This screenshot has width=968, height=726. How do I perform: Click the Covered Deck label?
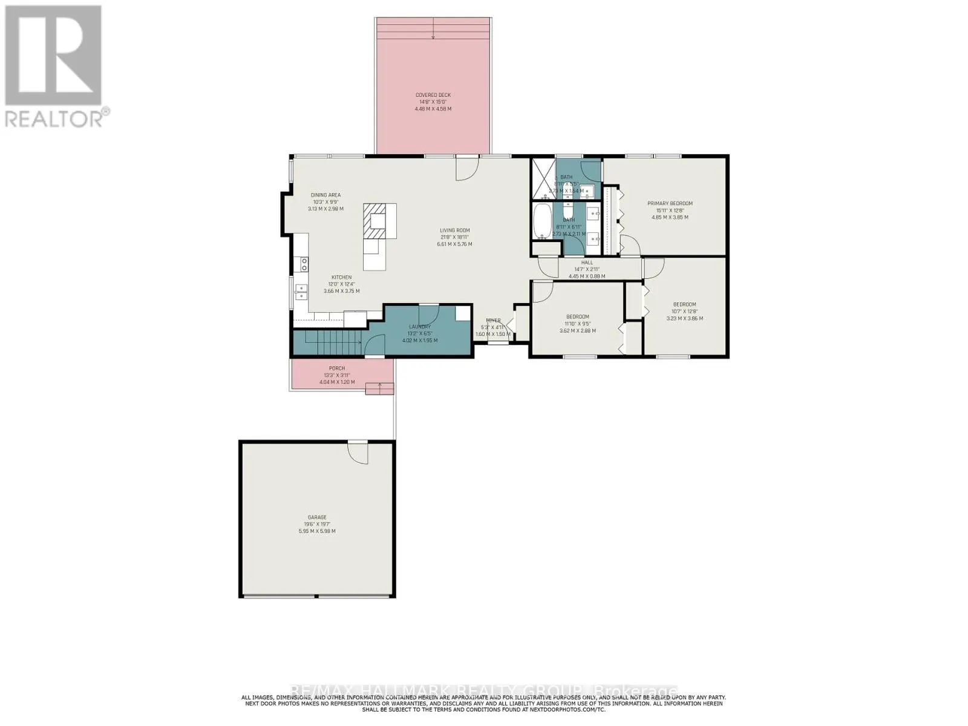[433, 95]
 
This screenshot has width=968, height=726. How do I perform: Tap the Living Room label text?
[454, 231]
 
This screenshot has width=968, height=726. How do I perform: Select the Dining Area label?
[325, 195]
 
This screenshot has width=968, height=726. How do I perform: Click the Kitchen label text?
[341, 278]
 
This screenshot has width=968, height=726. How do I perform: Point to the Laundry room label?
[419, 327]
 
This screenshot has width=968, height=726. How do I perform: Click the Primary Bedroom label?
[670, 203]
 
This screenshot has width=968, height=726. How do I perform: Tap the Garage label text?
[316, 517]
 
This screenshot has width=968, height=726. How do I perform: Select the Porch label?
[336, 368]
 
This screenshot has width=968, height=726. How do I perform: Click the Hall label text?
[587, 263]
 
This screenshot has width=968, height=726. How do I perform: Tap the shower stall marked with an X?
[543, 179]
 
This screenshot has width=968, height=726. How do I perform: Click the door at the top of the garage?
[358, 453]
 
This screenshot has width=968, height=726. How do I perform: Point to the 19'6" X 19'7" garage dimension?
[316, 525]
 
